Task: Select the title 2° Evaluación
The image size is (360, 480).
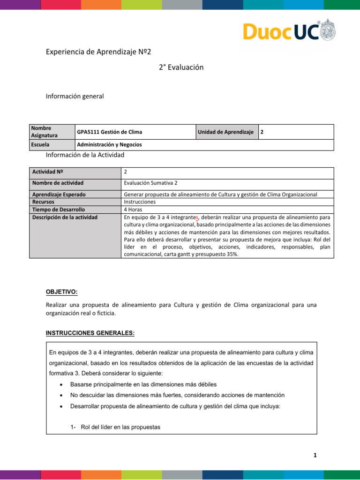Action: pos(181,67)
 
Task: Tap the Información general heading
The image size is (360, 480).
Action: pos(75,96)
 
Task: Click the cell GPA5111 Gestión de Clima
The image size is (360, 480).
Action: pos(110,132)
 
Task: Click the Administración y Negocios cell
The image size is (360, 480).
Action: pos(109,145)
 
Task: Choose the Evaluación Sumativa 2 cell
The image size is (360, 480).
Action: pos(150,183)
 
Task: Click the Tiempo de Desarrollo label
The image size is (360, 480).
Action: pos(58,210)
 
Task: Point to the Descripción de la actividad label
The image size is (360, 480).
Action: pos(65,217)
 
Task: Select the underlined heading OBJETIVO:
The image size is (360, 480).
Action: pos(61,292)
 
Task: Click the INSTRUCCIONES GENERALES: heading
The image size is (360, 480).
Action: pos(90,333)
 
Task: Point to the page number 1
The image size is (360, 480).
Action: pos(315,455)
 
